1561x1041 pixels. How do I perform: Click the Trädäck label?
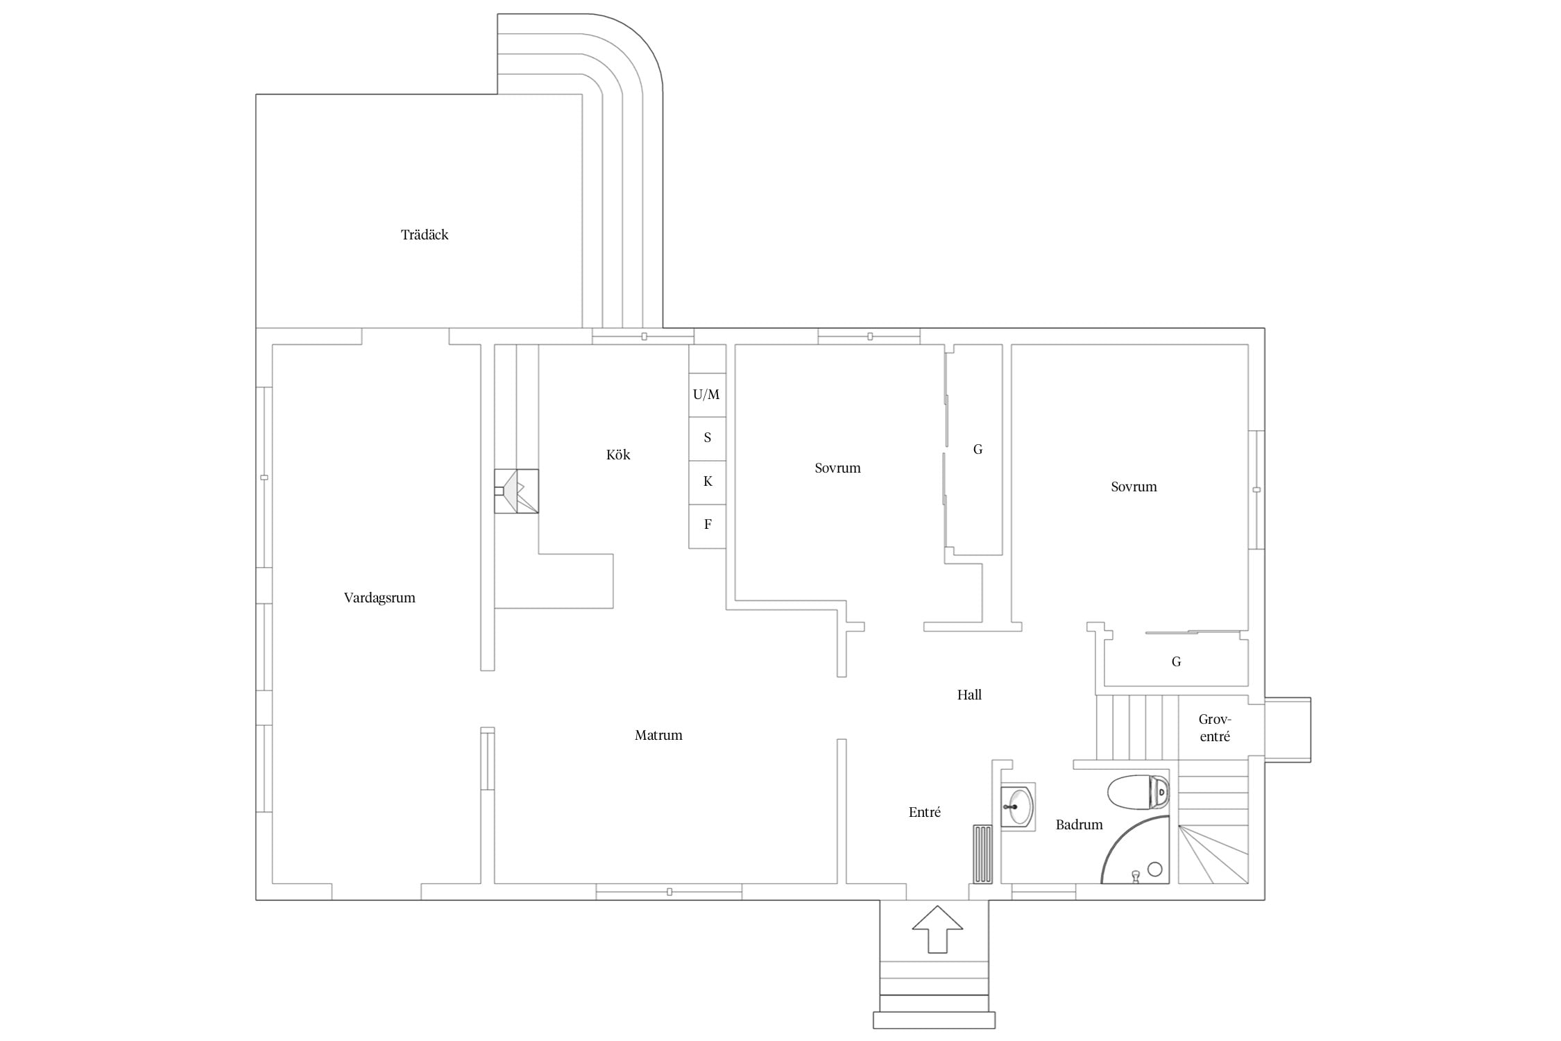click(x=425, y=235)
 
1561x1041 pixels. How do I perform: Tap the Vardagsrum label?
click(x=379, y=598)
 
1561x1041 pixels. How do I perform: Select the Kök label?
click(x=618, y=455)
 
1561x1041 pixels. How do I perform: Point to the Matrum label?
click(x=658, y=735)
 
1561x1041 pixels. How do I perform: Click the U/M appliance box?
click(x=707, y=395)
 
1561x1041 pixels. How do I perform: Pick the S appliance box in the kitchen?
click(x=707, y=439)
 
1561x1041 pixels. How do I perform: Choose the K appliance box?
click(x=707, y=482)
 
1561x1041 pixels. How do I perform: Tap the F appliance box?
click(x=707, y=526)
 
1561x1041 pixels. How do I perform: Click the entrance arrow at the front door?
click(x=937, y=929)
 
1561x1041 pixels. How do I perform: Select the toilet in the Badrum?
click(x=1138, y=792)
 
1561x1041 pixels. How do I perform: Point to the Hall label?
click(x=969, y=695)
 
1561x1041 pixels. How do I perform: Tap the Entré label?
click(x=925, y=812)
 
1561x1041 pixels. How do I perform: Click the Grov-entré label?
click(x=1214, y=728)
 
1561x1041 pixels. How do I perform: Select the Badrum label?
click(x=1079, y=824)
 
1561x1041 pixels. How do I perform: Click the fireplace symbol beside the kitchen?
click(x=516, y=491)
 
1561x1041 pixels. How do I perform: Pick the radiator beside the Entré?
click(x=982, y=854)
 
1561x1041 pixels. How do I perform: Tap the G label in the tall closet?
click(x=978, y=450)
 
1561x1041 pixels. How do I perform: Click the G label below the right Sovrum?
click(x=1176, y=662)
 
